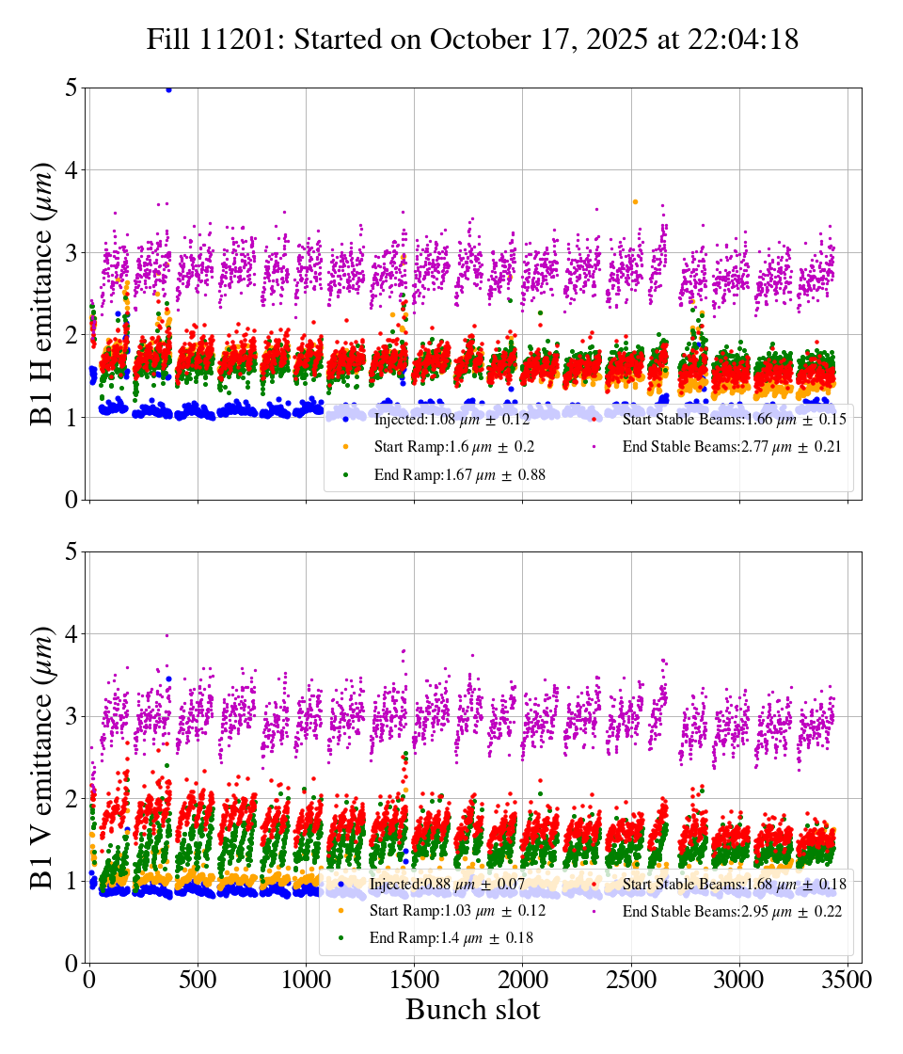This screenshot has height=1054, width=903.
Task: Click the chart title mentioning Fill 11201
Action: pos(472,40)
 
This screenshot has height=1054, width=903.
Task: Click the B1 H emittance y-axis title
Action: pos(43,294)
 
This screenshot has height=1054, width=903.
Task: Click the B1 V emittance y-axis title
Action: pos(43,757)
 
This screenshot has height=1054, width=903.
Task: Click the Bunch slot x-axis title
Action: pos(472,1010)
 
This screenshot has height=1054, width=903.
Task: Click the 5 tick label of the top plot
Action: pos(71,88)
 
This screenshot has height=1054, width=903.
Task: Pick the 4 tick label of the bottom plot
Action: pos(71,634)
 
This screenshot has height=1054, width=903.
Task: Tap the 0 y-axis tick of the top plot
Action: pos(71,500)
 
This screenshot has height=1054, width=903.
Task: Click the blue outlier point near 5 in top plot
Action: pos(168,89)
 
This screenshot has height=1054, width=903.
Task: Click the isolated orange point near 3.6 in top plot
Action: pos(635,201)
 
